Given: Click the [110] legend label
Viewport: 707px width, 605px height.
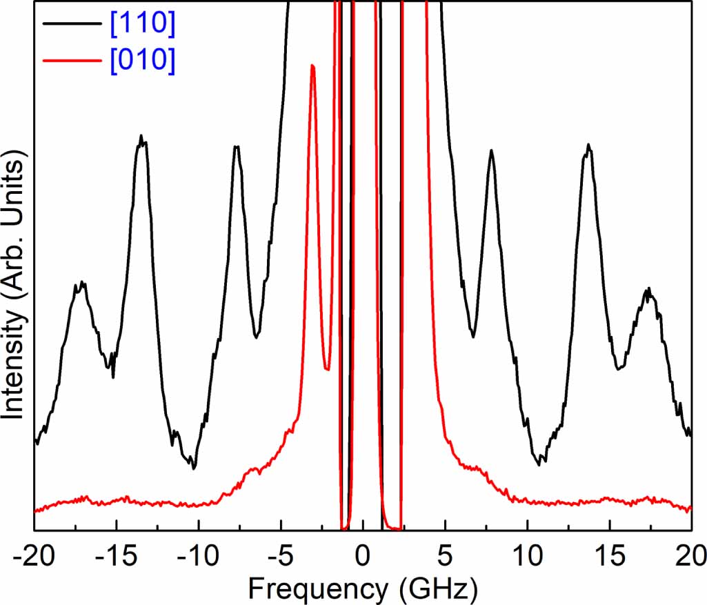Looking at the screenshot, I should pyautogui.click(x=141, y=25).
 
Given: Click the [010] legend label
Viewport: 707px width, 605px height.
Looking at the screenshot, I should pyautogui.click(x=141, y=61).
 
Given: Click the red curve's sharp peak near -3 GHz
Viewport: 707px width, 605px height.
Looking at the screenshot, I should pyautogui.click(x=313, y=66).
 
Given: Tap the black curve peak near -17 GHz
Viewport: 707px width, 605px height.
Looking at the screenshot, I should pyautogui.click(x=81, y=283).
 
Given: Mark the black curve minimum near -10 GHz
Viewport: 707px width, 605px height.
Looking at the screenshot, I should pyautogui.click(x=194, y=468).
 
